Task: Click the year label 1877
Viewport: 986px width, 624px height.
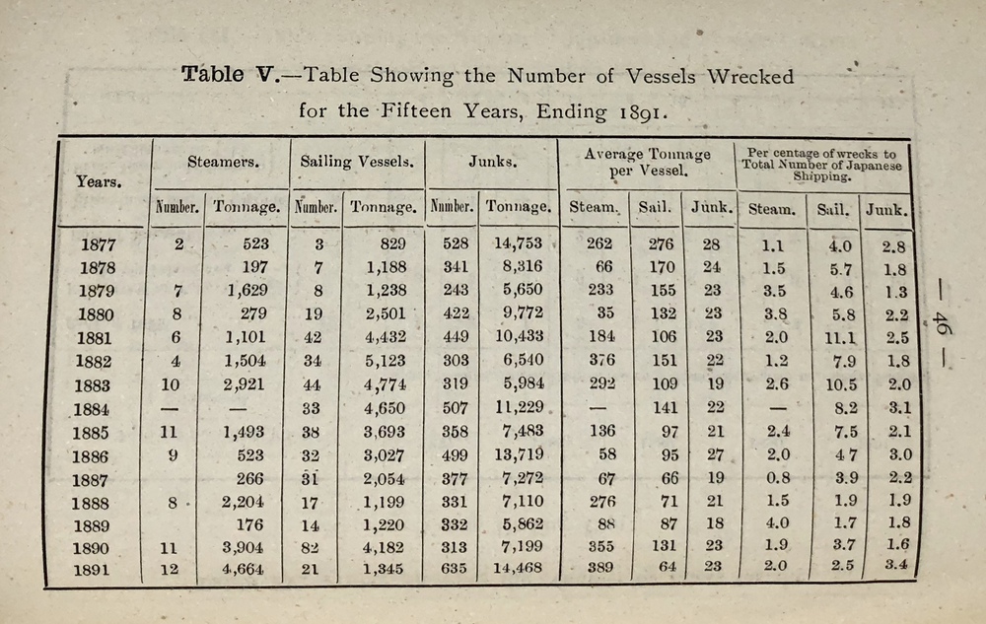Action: click(99, 244)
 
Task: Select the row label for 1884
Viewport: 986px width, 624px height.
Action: click(98, 409)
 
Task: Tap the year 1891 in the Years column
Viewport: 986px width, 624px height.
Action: click(99, 570)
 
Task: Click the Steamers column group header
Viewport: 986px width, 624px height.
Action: click(217, 161)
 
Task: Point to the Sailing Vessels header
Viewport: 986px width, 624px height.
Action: click(356, 162)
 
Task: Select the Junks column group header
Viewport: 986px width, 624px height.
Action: click(491, 162)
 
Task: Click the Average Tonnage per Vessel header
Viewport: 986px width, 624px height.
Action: click(647, 162)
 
